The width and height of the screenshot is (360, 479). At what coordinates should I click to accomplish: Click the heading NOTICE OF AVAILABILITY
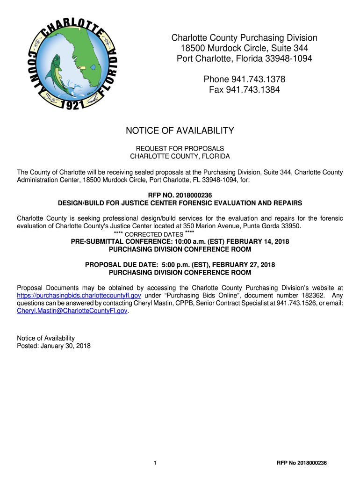[x=180, y=131]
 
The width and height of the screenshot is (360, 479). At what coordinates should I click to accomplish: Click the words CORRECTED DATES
[x=155, y=234]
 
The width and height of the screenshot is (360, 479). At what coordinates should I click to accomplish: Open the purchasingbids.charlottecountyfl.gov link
[x=79, y=296]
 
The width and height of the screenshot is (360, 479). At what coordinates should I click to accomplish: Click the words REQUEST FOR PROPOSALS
[x=180, y=148]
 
